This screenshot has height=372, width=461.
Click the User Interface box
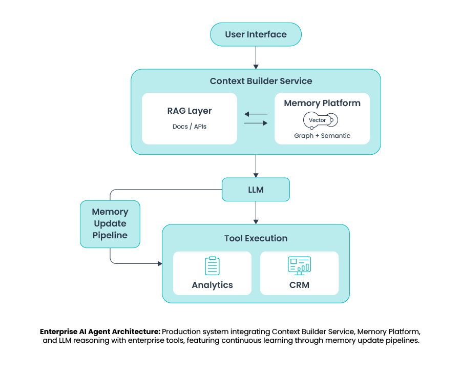(x=256, y=35)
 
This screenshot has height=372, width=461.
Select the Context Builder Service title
(x=261, y=81)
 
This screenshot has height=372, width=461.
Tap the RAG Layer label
(x=190, y=111)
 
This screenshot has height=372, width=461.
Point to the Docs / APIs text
(x=190, y=126)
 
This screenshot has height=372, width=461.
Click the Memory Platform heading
(x=322, y=103)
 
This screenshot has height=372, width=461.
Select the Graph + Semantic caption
(x=322, y=136)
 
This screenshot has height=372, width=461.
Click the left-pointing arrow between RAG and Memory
(x=256, y=114)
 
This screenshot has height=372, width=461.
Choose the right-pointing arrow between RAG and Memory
(x=256, y=123)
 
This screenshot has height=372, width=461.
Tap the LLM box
(x=256, y=190)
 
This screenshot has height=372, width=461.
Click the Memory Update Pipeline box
(x=110, y=224)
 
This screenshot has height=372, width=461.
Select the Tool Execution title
(x=256, y=238)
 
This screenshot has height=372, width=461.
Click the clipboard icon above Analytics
(x=212, y=266)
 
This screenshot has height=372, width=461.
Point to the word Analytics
(x=212, y=285)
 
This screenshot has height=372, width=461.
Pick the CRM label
(x=299, y=285)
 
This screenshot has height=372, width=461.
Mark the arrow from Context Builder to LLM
(x=256, y=166)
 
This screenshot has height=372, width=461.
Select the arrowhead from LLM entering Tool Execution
(x=256, y=221)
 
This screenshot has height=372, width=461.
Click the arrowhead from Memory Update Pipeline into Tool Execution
(x=159, y=263)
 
